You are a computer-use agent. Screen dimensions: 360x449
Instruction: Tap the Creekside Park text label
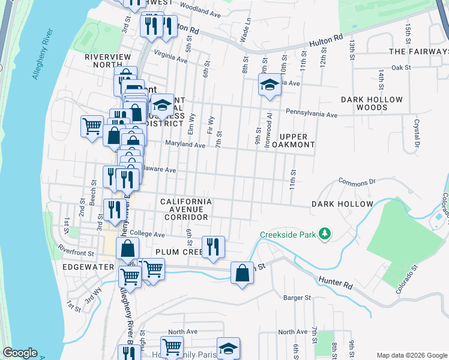click(x=287, y=234)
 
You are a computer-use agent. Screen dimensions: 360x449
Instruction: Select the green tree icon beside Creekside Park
click(x=325, y=233)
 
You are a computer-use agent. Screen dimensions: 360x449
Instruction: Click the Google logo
click(x=20, y=353)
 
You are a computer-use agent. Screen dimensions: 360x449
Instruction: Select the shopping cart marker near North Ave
click(x=172, y=346)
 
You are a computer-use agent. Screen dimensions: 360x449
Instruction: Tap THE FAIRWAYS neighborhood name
click(x=419, y=52)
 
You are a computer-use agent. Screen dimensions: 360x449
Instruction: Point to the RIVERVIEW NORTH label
click(x=107, y=61)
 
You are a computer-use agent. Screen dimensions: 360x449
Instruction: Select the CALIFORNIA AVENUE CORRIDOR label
click(x=185, y=209)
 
